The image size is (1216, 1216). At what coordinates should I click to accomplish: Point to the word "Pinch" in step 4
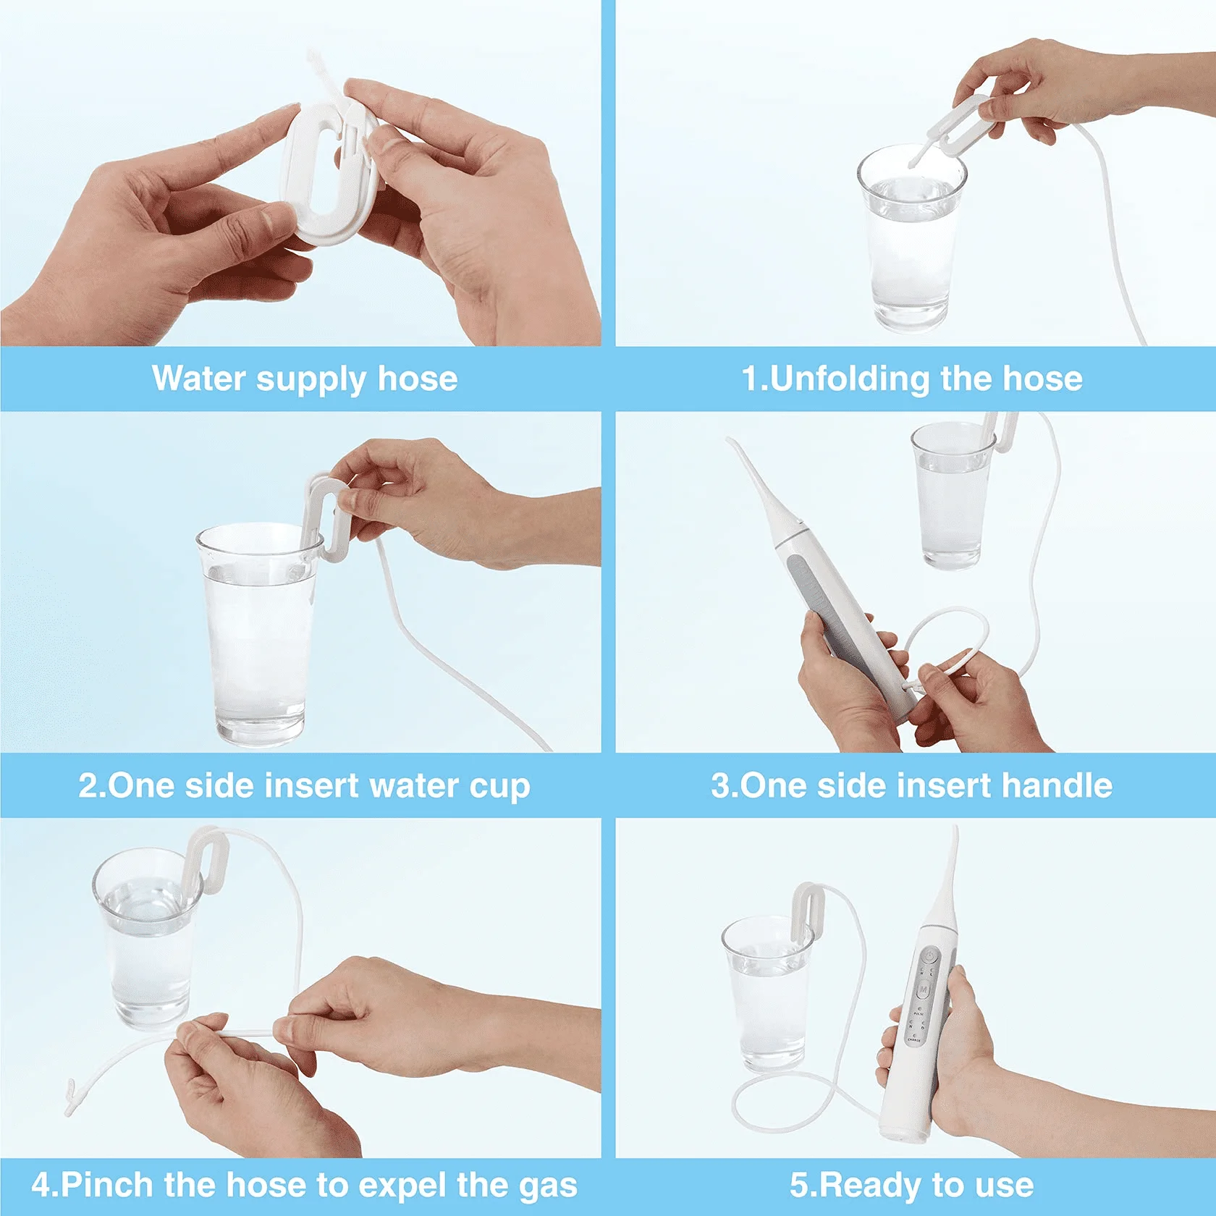tap(108, 1185)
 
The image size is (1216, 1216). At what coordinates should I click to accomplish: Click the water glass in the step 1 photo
tap(911, 238)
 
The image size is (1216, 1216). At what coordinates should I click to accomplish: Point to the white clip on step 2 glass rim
tap(326, 516)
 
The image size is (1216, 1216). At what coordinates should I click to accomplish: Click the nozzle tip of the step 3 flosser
tap(730, 442)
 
